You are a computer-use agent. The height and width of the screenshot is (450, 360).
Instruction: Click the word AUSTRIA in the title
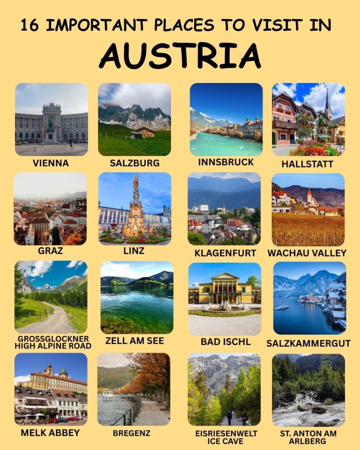[x=180, y=56]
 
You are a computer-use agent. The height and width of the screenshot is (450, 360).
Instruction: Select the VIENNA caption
[x=51, y=163]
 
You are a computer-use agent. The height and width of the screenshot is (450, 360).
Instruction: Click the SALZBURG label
[x=135, y=163]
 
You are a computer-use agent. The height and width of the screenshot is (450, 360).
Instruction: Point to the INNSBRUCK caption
[x=226, y=162]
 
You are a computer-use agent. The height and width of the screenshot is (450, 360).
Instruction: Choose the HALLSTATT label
[x=308, y=164]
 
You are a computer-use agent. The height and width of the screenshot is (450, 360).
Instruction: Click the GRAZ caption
[x=51, y=251]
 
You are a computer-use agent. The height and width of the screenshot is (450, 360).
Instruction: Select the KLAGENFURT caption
[x=225, y=253]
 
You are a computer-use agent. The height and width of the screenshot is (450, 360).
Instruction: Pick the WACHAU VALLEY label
[x=307, y=253]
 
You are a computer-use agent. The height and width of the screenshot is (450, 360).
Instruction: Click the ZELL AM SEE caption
[x=135, y=341]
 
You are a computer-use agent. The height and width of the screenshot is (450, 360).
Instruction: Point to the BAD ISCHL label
[x=225, y=341]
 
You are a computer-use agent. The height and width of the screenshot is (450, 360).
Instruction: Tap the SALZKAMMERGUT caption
[x=308, y=343]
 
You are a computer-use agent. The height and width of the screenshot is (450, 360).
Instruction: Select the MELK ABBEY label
[x=50, y=432]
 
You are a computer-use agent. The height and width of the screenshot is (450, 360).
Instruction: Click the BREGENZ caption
[x=134, y=433]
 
